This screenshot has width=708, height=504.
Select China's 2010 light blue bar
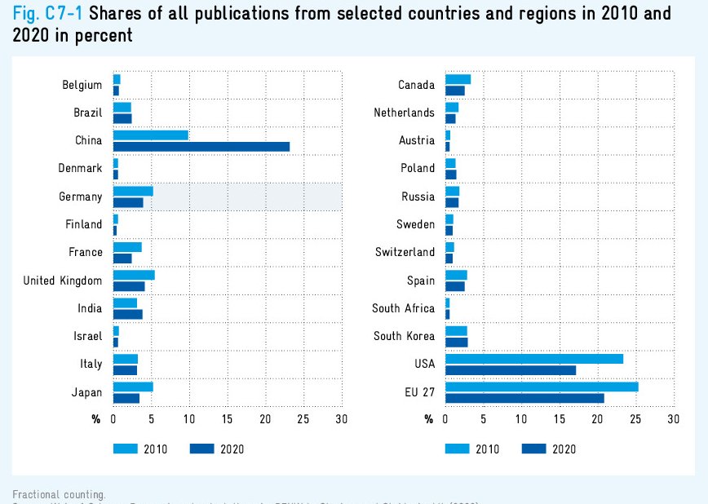(x=150, y=135)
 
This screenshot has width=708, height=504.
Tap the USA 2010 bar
(x=533, y=359)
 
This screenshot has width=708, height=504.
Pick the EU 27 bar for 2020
(x=524, y=398)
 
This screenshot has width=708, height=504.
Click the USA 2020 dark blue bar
(x=511, y=370)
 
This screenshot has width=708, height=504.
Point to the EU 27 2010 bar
(x=542, y=387)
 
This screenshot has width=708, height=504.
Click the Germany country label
(x=80, y=197)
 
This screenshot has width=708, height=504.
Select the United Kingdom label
(x=63, y=281)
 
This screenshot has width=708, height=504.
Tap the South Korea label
(x=404, y=336)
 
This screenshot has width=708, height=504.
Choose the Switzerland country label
(x=405, y=252)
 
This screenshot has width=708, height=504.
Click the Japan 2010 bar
(x=132, y=387)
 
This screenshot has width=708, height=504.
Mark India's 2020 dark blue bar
(x=127, y=314)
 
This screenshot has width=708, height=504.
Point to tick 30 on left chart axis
(x=341, y=419)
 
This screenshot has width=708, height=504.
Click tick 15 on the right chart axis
(x=559, y=419)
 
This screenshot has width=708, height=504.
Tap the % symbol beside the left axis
(x=96, y=419)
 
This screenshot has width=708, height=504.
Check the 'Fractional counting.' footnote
(x=59, y=494)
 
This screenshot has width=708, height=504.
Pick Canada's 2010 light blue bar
(x=458, y=79)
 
